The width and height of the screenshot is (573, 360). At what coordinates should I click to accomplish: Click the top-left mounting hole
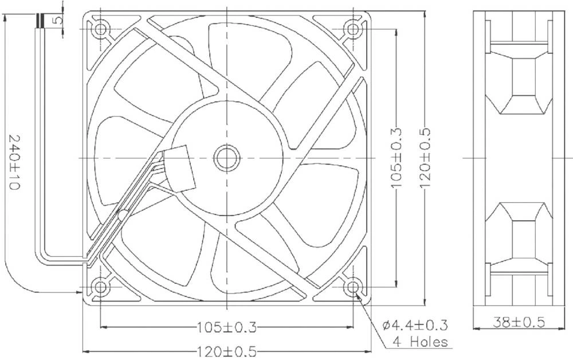pyautogui.click(x=101, y=29)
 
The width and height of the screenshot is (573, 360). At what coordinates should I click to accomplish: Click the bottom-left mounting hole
pyautogui.click(x=101, y=286)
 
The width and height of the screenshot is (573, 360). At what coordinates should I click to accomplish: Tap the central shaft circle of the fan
pyautogui.click(x=227, y=158)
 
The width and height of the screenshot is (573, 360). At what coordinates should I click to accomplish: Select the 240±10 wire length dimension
pyautogui.click(x=14, y=164)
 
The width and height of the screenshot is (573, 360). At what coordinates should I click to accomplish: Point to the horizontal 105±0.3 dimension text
pyautogui.click(x=227, y=327)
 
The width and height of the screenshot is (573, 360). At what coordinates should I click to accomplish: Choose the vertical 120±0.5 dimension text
pyautogui.click(x=425, y=157)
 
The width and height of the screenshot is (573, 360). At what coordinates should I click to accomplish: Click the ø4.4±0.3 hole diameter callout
pyautogui.click(x=415, y=326)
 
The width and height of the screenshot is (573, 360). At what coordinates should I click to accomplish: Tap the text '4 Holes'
pyautogui.click(x=420, y=342)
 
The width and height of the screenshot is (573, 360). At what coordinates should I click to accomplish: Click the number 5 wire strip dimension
pyautogui.click(x=57, y=19)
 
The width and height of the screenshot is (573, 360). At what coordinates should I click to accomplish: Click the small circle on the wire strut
pyautogui.click(x=122, y=216)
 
